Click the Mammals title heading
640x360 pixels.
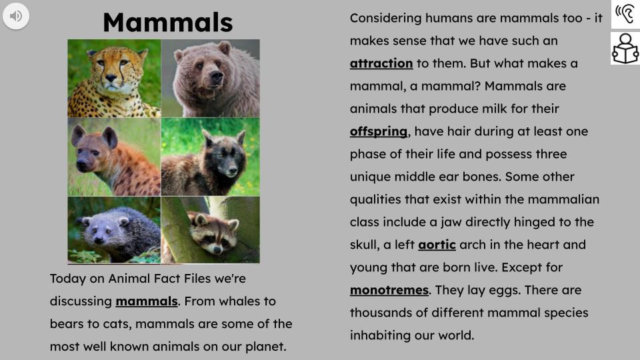pyautogui.click(x=167, y=22)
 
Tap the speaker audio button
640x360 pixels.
pyautogui.click(x=16, y=15)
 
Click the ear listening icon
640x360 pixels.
pyautogui.click(x=625, y=14)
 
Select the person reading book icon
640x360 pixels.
pyautogui.click(x=625, y=49)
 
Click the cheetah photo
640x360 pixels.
pyautogui.click(x=114, y=78)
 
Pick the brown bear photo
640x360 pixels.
pyautogui.click(x=210, y=78)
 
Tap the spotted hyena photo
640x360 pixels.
pyautogui.click(x=114, y=157)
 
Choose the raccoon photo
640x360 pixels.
pyautogui.click(x=210, y=230)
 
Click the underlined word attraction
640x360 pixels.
pyautogui.click(x=381, y=63)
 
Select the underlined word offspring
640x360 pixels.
pyautogui.click(x=378, y=131)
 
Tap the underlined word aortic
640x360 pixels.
pyautogui.click(x=437, y=245)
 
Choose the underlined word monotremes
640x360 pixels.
pyautogui.click(x=389, y=290)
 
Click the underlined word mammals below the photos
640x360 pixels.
pyautogui.click(x=147, y=301)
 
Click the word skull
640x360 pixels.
pyautogui.click(x=365, y=245)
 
